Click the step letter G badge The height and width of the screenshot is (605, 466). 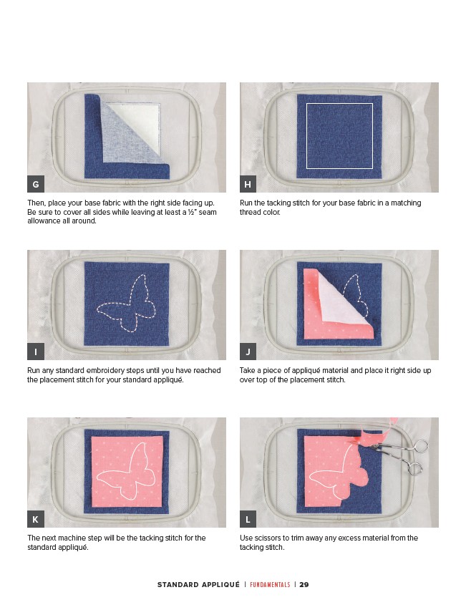36,184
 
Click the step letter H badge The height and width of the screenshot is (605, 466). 248,184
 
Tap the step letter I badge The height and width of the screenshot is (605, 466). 36,352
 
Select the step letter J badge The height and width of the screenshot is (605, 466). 248,352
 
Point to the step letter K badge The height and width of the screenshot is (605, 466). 36,519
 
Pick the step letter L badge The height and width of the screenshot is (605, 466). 248,519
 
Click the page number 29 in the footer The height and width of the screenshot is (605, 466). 304,584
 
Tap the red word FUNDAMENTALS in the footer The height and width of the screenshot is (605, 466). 270,584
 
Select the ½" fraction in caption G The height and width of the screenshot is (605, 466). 193,212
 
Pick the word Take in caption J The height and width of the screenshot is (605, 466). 247,370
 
